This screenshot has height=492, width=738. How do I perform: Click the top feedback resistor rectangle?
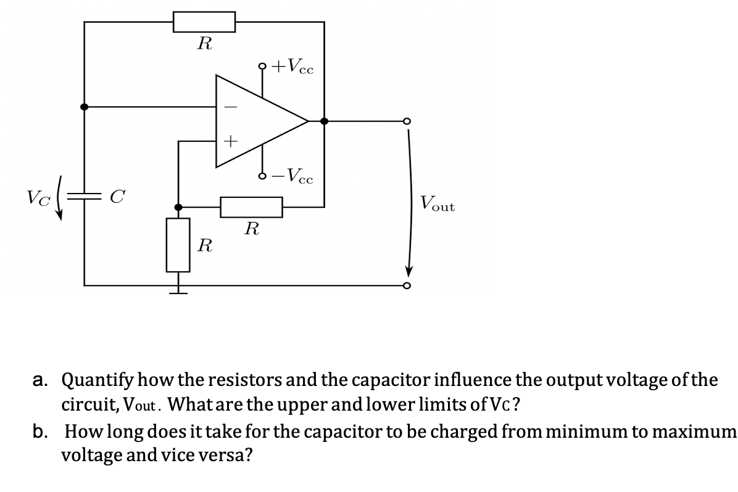coord(204,22)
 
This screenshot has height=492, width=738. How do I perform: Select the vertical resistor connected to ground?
coord(178,245)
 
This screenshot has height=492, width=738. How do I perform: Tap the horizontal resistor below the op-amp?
coord(252,207)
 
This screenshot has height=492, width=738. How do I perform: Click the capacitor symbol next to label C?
coord(85,197)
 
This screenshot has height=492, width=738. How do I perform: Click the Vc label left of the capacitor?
coord(35,197)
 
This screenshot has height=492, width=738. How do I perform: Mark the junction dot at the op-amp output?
coord(324,121)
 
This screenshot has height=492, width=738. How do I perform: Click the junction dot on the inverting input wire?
coord(85,107)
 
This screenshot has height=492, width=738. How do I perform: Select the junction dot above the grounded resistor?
coord(178,207)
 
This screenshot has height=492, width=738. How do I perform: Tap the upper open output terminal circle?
coord(406,121)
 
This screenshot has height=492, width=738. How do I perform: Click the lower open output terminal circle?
coord(406,286)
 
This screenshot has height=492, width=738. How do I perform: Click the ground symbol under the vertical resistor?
coord(178,290)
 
